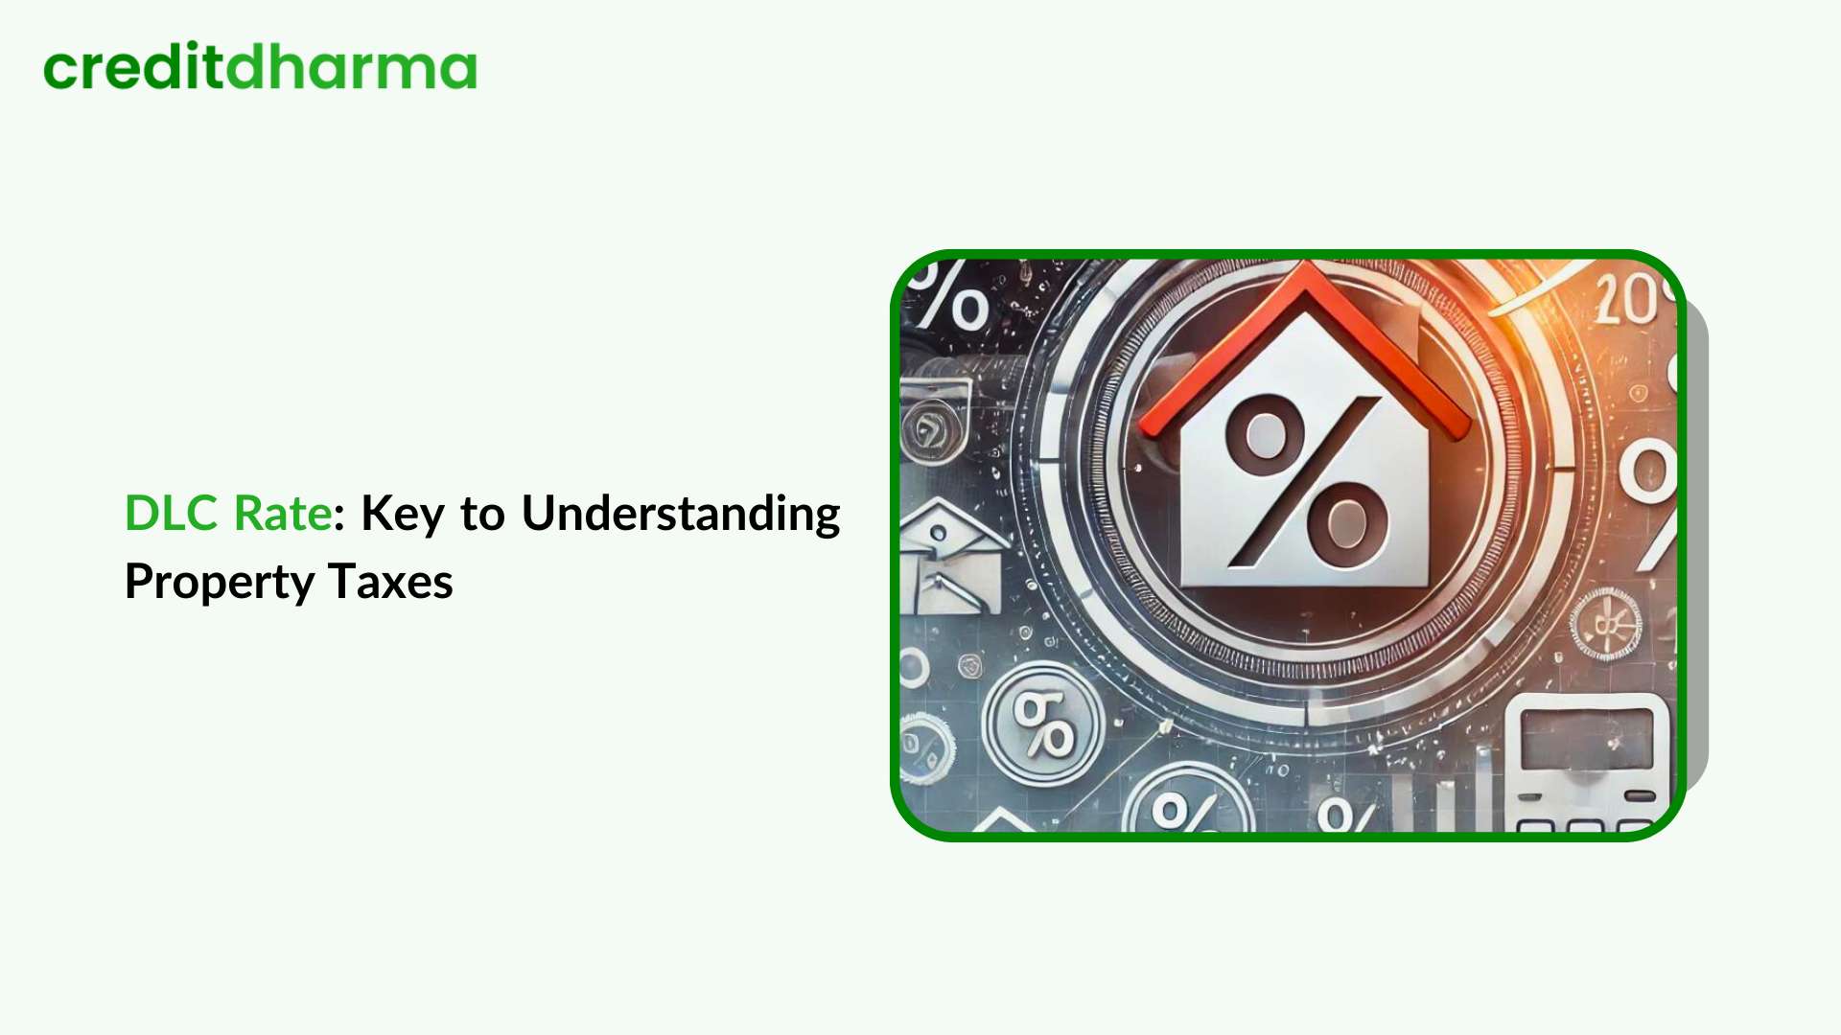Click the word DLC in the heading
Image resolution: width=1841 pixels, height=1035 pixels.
pyautogui.click(x=173, y=514)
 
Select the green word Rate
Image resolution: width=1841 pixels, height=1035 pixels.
pyautogui.click(x=283, y=514)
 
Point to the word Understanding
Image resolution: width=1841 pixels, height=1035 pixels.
pyautogui.click(x=681, y=516)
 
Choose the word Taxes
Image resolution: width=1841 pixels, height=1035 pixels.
pyautogui.click(x=390, y=582)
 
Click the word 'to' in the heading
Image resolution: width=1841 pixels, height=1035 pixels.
pyautogui.click(x=482, y=516)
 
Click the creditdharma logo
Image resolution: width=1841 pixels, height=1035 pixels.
pyautogui.click(x=260, y=66)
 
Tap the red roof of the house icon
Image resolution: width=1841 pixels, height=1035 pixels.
pyautogui.click(x=1305, y=345)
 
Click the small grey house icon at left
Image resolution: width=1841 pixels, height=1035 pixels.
pyautogui.click(x=953, y=557)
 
